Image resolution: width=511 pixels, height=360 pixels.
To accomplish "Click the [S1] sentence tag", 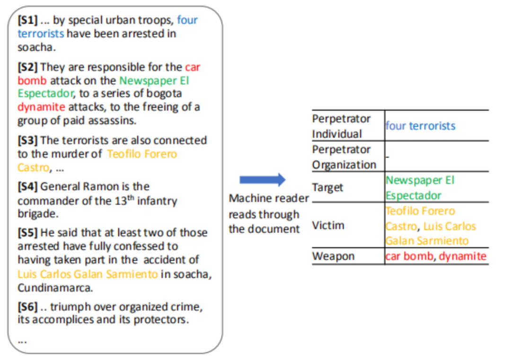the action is click(27, 20).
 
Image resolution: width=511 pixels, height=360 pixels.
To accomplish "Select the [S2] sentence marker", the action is click(27, 67).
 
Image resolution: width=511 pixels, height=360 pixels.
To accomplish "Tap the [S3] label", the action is click(27, 140).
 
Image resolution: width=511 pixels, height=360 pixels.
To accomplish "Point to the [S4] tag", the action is click(27, 186).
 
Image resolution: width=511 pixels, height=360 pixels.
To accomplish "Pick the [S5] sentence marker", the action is click(27, 233).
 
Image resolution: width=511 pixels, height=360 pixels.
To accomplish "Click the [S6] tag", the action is click(27, 307).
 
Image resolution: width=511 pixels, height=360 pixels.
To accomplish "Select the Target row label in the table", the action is click(327, 187).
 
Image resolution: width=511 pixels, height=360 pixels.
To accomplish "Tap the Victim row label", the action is click(327, 225).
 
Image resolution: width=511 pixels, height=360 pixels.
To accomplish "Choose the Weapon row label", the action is click(333, 256).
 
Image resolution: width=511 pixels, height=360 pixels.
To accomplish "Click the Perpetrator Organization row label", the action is click(344, 157).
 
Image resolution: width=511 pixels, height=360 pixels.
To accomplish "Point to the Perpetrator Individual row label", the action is click(341, 126).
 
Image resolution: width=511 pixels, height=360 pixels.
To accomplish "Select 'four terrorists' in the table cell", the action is click(420, 126).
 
